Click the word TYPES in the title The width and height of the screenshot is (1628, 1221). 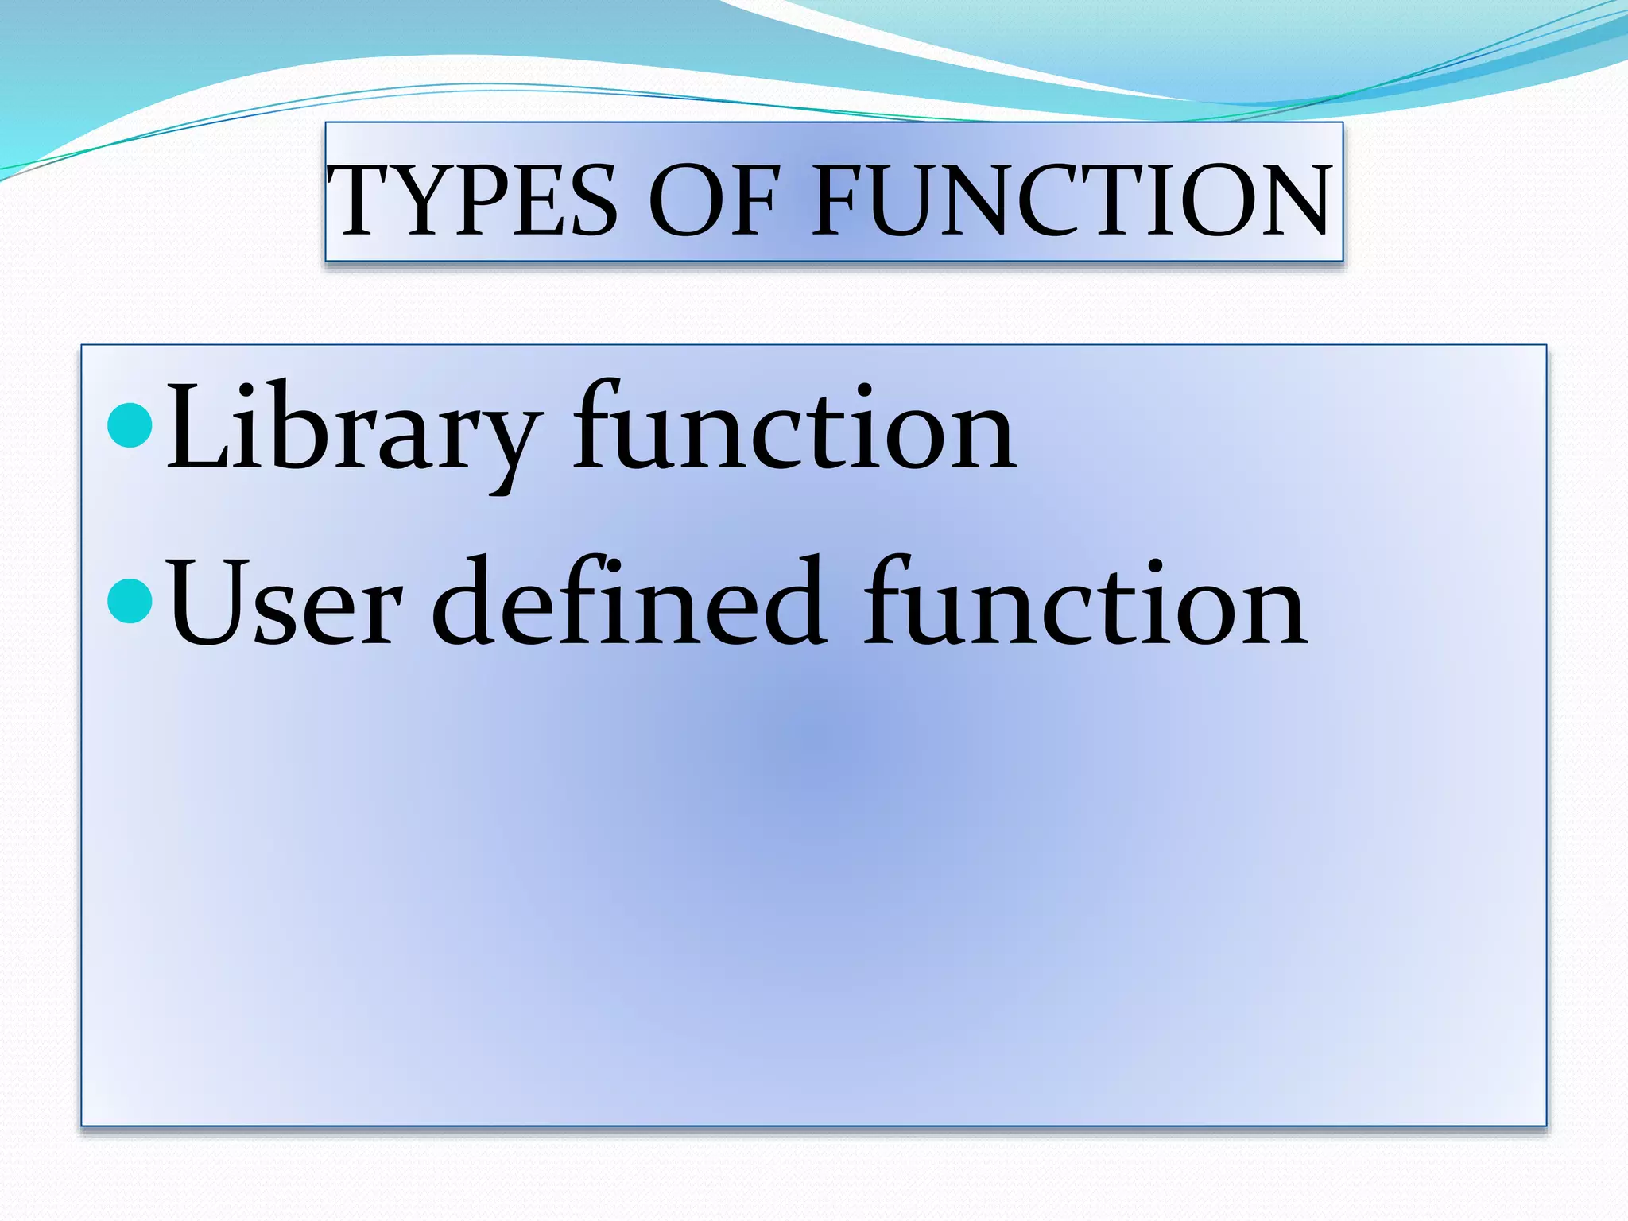(x=472, y=200)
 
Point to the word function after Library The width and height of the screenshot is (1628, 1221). (x=795, y=429)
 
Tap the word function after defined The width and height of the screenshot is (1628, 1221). (x=1085, y=604)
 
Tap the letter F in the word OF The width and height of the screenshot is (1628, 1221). (x=752, y=200)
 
